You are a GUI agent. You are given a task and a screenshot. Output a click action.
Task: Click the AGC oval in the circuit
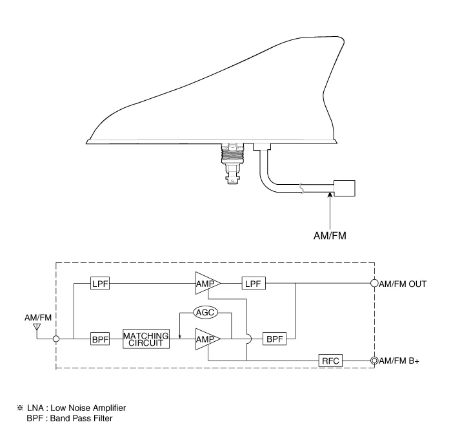click(205, 312)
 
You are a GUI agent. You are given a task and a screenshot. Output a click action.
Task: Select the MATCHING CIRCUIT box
click(146, 339)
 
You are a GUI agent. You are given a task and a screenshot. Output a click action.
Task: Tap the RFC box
click(330, 361)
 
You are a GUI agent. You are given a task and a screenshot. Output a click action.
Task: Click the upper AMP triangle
click(208, 283)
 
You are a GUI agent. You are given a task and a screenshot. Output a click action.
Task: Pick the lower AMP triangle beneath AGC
click(208, 339)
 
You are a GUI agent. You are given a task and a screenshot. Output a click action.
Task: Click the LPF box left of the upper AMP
click(100, 283)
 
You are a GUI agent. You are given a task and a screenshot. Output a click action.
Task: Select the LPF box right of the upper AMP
click(254, 283)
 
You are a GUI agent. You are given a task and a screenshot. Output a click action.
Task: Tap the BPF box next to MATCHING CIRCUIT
click(100, 339)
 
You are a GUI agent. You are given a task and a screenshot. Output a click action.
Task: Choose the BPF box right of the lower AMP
click(275, 339)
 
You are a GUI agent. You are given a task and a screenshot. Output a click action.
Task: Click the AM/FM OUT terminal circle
click(374, 283)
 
